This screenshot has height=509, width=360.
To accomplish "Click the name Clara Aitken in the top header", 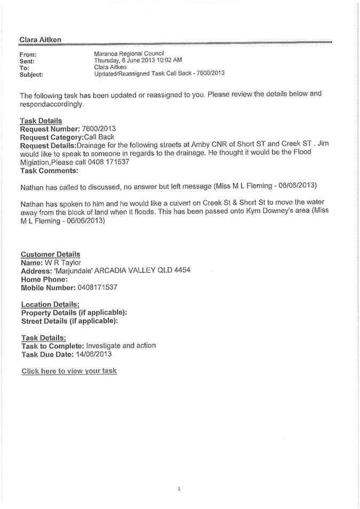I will point(39,39).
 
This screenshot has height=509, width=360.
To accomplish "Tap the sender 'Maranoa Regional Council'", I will point(129,54).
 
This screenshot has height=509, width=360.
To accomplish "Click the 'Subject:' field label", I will point(31,75).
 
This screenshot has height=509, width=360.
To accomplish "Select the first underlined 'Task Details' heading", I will point(41,121).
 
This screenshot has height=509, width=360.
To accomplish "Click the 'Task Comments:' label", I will point(49,170).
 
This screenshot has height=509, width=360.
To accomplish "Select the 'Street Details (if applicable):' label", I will point(69,321).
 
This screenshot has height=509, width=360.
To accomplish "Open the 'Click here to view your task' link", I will point(69,370).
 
